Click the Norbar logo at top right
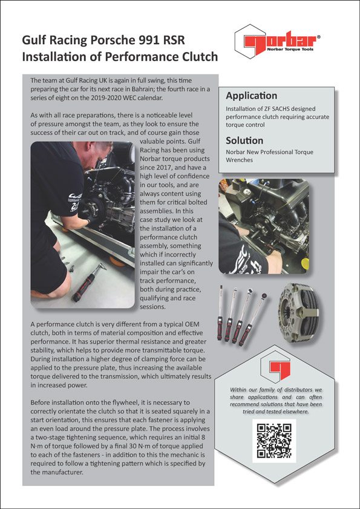278,41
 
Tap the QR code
274,440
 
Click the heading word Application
252,96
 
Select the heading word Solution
244,140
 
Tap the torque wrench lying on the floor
89,282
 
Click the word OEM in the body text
199,324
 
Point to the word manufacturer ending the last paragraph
61,473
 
